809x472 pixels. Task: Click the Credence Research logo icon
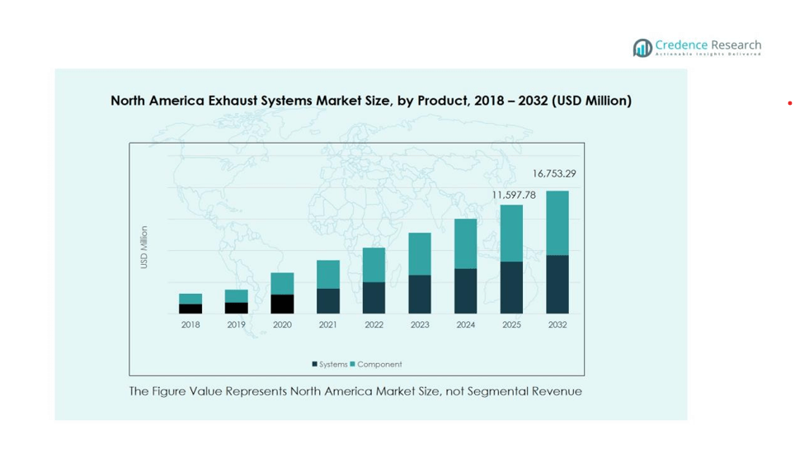coord(642,48)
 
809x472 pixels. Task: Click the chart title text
coord(371,101)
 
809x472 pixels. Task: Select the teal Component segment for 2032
coord(557,223)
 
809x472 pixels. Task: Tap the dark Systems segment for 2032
coord(557,284)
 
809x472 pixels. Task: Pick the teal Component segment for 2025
coord(511,233)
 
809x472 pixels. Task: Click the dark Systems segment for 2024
coord(466,290)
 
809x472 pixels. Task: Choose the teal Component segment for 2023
coord(420,253)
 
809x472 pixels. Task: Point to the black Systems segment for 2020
coord(282,304)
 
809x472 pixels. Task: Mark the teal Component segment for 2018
coord(190,299)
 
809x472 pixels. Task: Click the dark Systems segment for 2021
coord(328,300)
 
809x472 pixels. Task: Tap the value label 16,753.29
coord(554,174)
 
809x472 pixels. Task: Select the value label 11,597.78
coord(514,195)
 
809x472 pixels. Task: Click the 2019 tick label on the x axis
coord(237,325)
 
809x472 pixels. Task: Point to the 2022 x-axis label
coord(374,325)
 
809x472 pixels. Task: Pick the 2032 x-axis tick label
coord(557,325)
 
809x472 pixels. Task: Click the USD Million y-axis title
coord(144,247)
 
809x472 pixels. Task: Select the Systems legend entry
coord(330,364)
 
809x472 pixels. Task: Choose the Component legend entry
coord(376,364)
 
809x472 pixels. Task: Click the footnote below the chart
coord(355,391)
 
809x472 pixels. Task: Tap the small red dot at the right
coord(789,103)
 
